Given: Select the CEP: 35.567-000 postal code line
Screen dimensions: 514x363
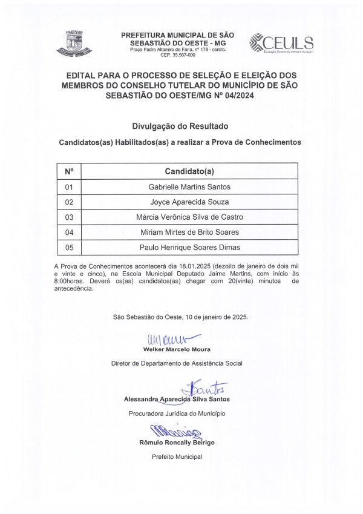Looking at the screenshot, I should (177, 55).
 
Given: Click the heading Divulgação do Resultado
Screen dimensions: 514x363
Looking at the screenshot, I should (180, 127).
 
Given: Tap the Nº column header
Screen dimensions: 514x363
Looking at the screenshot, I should (68, 171).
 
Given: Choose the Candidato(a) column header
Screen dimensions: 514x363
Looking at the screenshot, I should (189, 171).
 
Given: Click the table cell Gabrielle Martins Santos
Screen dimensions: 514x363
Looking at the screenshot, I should (189, 187).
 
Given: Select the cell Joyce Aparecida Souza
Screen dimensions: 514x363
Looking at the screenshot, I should (189, 202).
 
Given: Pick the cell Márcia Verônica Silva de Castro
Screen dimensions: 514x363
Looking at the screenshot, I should (189, 217).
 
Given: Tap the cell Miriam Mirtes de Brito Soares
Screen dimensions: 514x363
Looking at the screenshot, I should (189, 232).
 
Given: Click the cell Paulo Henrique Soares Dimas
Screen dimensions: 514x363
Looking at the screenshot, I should (189, 248).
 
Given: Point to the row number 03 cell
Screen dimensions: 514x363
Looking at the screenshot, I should (68, 217).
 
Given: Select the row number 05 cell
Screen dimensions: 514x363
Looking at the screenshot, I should (68, 248).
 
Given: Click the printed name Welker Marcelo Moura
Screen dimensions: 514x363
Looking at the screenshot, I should (177, 350).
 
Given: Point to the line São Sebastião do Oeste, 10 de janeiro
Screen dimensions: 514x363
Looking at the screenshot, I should (180, 317).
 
